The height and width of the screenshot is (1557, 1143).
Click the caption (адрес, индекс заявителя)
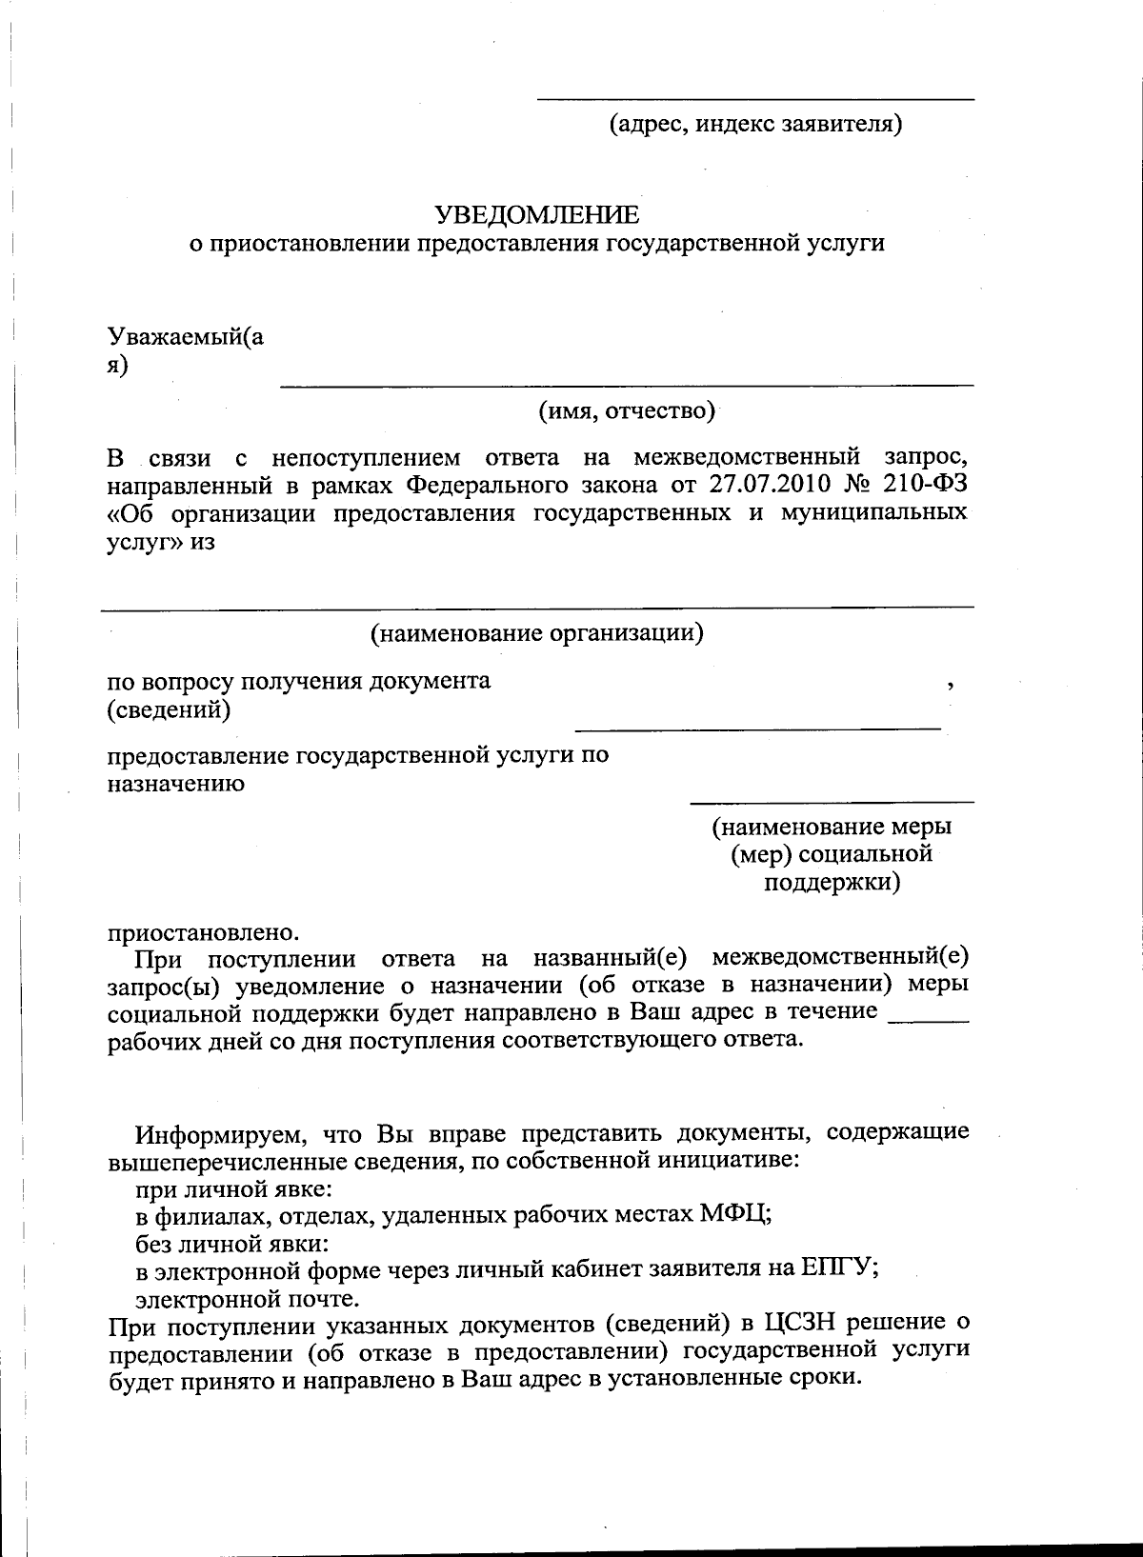[x=755, y=124]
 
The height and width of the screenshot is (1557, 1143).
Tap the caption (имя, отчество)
[x=626, y=410]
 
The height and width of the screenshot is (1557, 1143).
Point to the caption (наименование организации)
[x=536, y=632]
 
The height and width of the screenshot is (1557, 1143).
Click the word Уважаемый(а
[x=186, y=336]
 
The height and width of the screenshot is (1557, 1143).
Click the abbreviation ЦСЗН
[x=802, y=1322]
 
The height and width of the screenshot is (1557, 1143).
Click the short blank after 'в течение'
[x=928, y=1019]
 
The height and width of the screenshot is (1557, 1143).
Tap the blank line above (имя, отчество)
[x=626, y=384]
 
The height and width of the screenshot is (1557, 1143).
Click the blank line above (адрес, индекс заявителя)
[x=755, y=98]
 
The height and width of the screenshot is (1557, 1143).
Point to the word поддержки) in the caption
[x=832, y=883]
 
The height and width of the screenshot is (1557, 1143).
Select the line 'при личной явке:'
[x=233, y=1188]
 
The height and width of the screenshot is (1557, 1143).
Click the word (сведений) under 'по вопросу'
[x=168, y=709]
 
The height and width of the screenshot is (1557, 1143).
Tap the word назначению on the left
[x=175, y=784]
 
